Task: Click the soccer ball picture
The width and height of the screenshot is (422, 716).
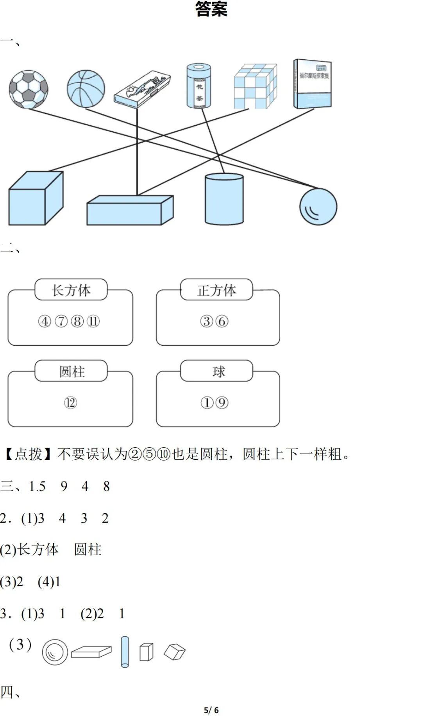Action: point(29,89)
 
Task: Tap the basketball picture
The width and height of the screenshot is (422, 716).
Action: point(86,89)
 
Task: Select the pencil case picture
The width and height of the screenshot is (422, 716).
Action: point(143,88)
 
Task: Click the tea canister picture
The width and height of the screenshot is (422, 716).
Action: point(198,86)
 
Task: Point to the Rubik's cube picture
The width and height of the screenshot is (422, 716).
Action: point(255,86)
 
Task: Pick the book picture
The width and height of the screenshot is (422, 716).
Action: point(313,84)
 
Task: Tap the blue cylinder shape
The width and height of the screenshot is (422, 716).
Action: point(224,199)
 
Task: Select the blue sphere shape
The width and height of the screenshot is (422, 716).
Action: point(318,207)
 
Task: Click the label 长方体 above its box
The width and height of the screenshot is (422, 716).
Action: point(71,290)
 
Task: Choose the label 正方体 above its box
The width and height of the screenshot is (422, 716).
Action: point(216,290)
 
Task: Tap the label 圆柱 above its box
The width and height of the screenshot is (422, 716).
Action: point(72,371)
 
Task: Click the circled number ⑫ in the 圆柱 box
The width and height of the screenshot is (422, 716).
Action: point(70,402)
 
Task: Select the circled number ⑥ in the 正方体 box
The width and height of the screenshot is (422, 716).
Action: point(222,321)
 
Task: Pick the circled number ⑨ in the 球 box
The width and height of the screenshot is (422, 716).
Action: point(222,402)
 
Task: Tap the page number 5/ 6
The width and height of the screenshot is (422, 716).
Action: point(211,710)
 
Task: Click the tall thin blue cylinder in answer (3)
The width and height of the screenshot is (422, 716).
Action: point(125,652)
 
